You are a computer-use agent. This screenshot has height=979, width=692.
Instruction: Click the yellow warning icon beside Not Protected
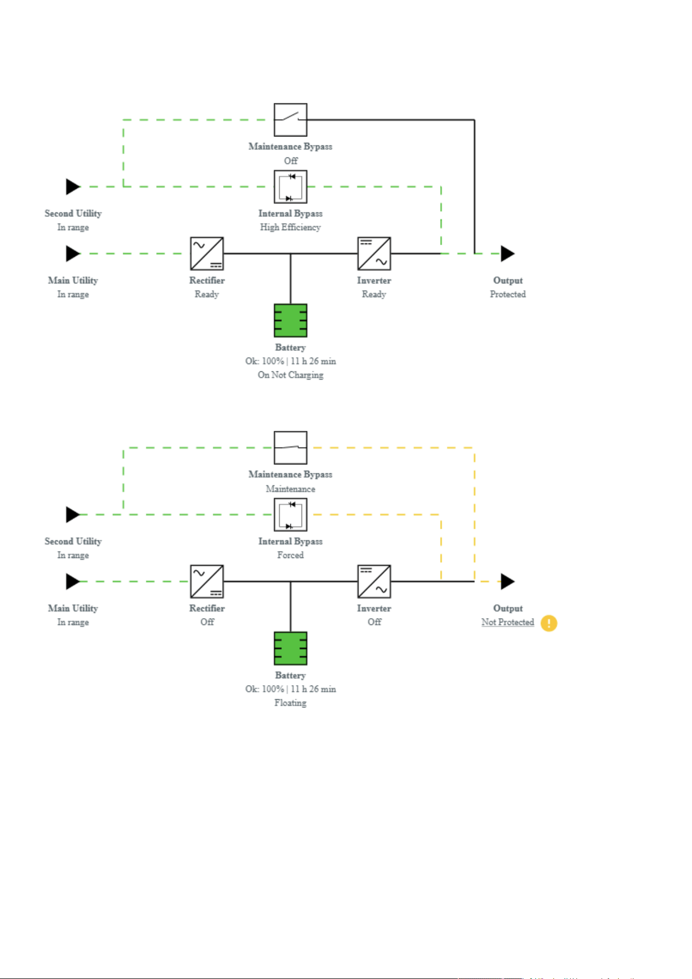(548, 623)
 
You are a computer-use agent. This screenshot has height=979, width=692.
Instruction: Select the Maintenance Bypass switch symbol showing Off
(291, 120)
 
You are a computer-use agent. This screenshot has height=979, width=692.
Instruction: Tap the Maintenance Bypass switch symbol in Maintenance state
(291, 448)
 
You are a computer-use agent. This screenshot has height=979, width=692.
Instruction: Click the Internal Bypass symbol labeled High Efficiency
(291, 187)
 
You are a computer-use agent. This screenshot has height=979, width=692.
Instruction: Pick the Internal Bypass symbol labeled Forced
(291, 515)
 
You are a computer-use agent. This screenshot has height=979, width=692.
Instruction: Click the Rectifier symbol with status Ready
(207, 254)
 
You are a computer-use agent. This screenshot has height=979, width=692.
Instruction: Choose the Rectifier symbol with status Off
(207, 582)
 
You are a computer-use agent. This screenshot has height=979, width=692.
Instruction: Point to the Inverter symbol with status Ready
(374, 254)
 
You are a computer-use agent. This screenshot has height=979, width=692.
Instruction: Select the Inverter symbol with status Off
(374, 582)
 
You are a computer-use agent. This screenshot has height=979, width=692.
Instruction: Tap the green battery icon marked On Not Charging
(291, 321)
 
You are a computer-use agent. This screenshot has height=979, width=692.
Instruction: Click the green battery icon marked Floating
(291, 648)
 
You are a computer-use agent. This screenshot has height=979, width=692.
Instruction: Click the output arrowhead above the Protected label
(508, 254)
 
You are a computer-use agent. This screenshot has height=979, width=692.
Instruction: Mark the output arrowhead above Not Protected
(508, 582)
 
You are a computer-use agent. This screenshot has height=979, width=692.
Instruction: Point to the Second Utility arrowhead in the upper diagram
(73, 187)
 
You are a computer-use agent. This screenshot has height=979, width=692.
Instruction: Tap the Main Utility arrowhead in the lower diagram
(73, 582)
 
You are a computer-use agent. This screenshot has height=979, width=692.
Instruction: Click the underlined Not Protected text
(508, 622)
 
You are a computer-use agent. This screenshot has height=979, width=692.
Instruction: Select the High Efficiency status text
(291, 227)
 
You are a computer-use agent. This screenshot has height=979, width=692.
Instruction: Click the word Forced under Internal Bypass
(291, 555)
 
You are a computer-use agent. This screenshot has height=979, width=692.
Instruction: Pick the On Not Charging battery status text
(291, 375)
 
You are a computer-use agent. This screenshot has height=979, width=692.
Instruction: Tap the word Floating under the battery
(291, 703)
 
